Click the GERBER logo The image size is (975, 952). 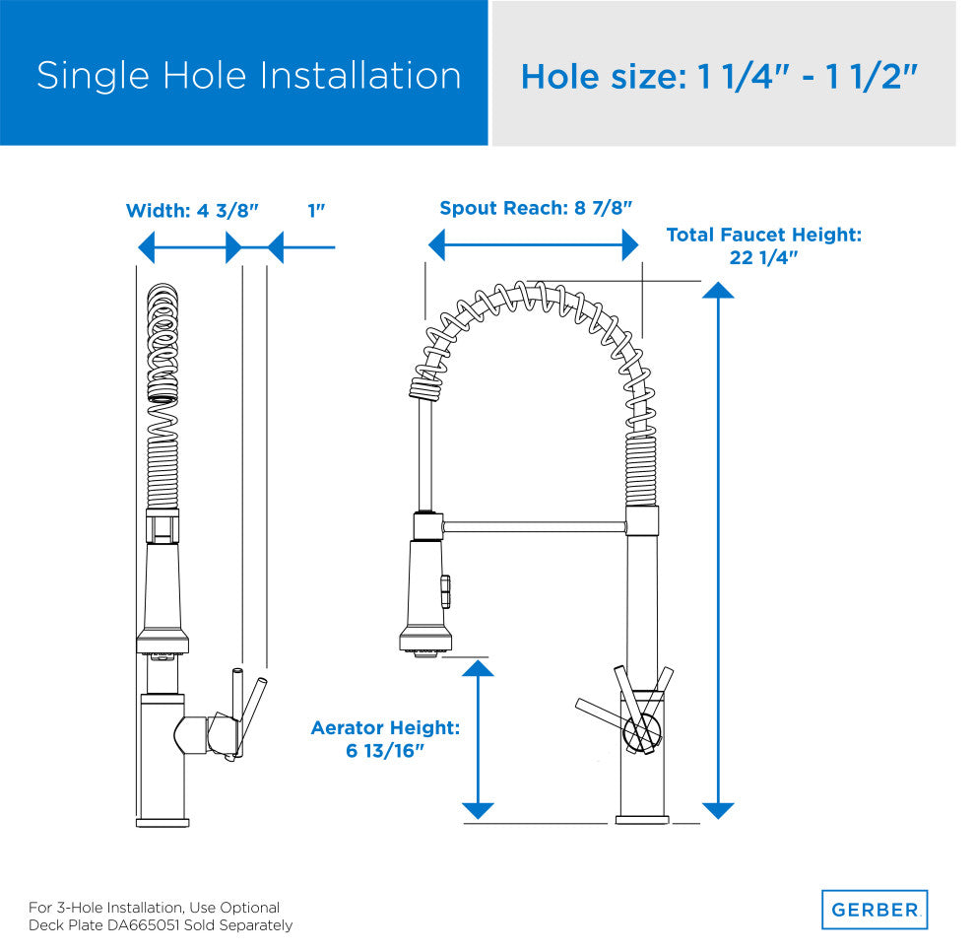coord(875,909)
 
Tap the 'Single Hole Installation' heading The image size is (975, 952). coord(249,76)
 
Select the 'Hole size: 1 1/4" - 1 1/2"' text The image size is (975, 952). coord(719,77)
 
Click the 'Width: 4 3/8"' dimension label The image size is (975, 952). coord(192,211)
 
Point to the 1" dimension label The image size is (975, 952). coord(316,211)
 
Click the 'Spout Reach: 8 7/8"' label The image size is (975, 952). coord(536,208)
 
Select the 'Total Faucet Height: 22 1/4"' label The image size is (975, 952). coord(764,245)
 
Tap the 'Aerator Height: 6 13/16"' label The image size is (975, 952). coord(385,739)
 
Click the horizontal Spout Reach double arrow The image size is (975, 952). coord(534,244)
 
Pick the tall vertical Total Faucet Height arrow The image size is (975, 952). coord(718,551)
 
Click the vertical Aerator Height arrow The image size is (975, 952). coord(479,740)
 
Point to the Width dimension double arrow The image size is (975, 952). coord(190,247)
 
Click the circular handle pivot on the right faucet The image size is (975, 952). coord(642,731)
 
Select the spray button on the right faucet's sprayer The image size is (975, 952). coord(446,591)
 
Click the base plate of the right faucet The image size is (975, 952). coord(642,820)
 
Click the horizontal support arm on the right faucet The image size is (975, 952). coord(534,527)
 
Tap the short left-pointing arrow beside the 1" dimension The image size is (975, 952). coord(301,247)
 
